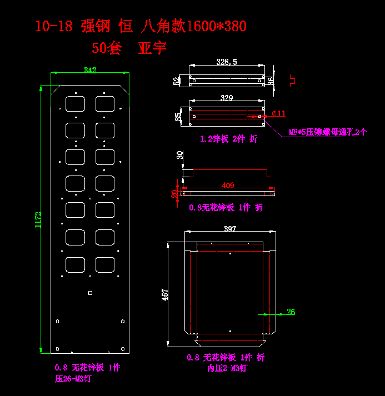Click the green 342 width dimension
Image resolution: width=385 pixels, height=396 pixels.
click(x=89, y=70)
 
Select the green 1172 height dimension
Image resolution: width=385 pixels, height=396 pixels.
click(x=38, y=220)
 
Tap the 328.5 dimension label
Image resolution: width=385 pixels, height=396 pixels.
click(x=227, y=62)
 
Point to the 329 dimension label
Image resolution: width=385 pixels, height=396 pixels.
click(x=227, y=98)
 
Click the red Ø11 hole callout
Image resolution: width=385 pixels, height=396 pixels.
click(x=278, y=113)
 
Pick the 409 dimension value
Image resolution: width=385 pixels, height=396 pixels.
click(x=228, y=185)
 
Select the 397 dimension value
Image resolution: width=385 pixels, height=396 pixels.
click(x=229, y=228)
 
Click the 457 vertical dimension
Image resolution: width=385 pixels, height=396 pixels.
click(x=165, y=294)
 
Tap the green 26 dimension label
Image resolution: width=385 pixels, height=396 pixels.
click(x=291, y=312)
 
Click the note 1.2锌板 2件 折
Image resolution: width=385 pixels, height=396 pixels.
click(x=228, y=139)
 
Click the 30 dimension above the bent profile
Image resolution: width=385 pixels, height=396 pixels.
click(x=179, y=155)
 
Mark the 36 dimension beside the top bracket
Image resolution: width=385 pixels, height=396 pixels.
click(x=271, y=81)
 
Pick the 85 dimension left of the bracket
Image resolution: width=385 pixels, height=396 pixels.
click(x=178, y=117)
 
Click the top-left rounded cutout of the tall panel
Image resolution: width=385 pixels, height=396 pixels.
click(x=74, y=103)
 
